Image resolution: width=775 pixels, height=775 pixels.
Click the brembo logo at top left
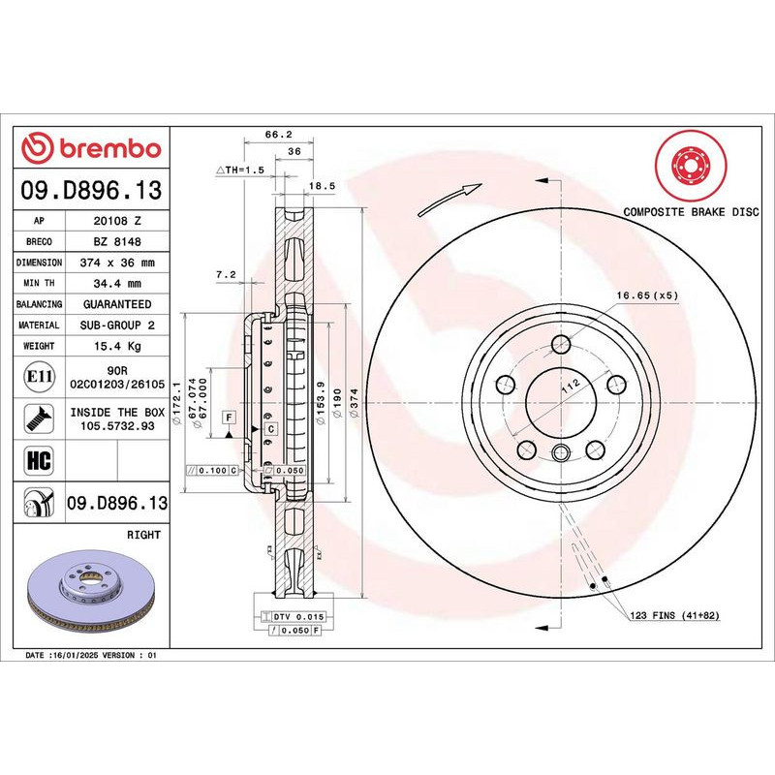92,148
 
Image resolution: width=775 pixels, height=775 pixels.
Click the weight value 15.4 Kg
117,346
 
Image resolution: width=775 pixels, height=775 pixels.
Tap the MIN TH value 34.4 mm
117,284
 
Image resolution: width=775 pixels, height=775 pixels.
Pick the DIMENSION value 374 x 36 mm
117,263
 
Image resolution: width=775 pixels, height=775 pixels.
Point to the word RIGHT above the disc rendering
143,535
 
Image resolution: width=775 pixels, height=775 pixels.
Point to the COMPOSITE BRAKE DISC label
691,211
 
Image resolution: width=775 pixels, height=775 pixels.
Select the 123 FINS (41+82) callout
673,616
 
